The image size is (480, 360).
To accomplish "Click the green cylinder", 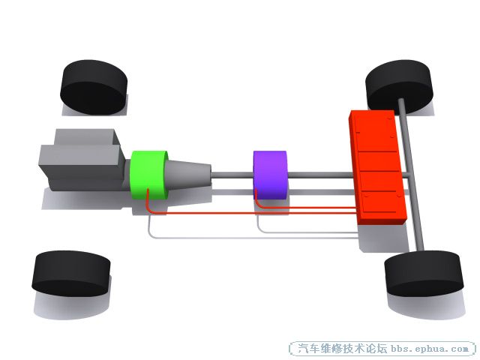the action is [148, 175].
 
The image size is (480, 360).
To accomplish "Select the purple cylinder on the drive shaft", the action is [270, 175].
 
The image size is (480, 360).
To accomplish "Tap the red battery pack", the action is [378, 166].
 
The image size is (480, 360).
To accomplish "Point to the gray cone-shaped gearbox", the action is [187, 174].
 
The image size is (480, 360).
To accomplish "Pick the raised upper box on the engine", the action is [87, 136].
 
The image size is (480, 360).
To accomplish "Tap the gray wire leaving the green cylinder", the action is [251, 237].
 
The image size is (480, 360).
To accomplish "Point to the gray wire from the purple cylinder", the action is [306, 232].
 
